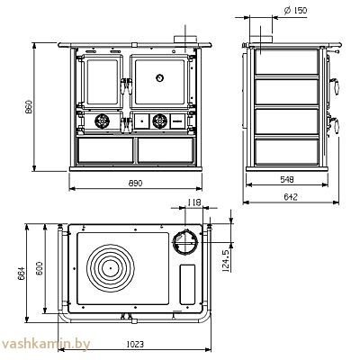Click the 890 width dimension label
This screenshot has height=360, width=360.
pyautogui.click(x=135, y=183)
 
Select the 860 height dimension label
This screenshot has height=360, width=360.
pyautogui.click(x=29, y=107)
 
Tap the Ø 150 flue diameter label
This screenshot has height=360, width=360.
pyautogui.click(x=295, y=11)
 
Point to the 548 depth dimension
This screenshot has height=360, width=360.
pyautogui.click(x=287, y=179)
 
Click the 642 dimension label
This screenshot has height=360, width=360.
pyautogui.click(x=291, y=197)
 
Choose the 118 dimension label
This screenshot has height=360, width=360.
pyautogui.click(x=193, y=202)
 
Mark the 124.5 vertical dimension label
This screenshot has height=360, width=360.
pyautogui.click(x=226, y=260)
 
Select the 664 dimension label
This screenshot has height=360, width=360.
pyautogui.click(x=21, y=273)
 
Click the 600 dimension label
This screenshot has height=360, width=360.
pyautogui.click(x=40, y=269)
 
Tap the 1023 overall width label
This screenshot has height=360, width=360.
pyautogui.click(x=135, y=344)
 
